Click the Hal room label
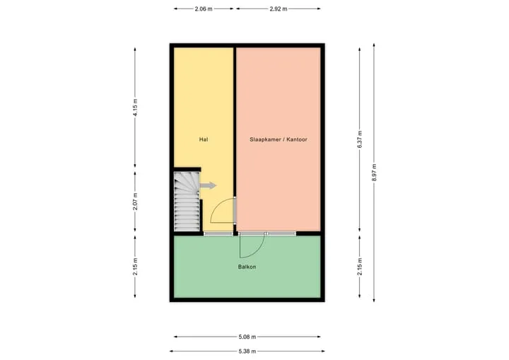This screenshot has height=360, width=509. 204,139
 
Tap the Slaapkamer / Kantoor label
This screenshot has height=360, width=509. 279,139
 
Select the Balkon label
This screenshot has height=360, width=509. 247,267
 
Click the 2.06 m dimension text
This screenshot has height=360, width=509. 204,8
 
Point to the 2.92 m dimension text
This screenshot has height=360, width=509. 279,8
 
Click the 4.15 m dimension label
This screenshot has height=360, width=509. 135,108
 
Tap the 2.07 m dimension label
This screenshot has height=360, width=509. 135,202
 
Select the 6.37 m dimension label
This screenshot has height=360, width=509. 359,140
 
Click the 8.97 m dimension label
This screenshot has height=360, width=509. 374,173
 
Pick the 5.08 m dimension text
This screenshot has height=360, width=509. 247,337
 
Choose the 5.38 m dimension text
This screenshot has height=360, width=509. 247,352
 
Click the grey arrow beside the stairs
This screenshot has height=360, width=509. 208,185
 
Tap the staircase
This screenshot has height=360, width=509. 187,202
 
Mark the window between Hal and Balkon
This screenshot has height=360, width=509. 218,233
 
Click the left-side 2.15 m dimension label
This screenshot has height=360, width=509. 135,267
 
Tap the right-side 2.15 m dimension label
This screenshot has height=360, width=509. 359,267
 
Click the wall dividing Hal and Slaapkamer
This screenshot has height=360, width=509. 235,122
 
